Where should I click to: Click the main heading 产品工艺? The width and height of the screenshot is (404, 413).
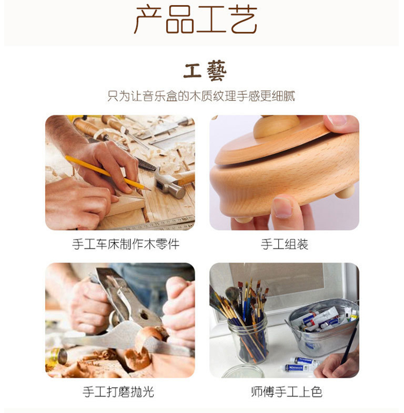pos(196,20)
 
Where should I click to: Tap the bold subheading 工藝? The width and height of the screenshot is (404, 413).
pos(205,70)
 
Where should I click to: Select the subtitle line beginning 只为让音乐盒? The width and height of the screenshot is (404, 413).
pos(201,96)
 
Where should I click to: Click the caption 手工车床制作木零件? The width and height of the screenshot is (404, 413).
pos(126,244)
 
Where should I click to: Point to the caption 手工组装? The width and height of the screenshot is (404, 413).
pos(285,244)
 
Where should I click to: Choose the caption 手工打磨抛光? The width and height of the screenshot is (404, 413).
pos(118,392)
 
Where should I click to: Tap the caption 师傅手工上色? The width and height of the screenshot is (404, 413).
pos(287,392)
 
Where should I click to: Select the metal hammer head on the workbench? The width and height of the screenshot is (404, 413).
pos(170,184)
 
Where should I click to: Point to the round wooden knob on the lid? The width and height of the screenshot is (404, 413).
pos(276,127)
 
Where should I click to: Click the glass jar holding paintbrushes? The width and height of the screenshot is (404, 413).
pos(248,338)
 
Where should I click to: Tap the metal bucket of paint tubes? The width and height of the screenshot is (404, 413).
pos(323,328)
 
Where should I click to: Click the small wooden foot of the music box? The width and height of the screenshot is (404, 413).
pos(345,192)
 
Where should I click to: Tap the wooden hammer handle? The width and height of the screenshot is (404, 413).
pos(184,178)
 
